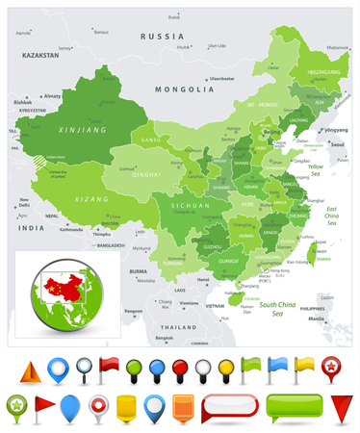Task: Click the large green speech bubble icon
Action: coord(288,407)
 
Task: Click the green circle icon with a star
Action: coord(17,405)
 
